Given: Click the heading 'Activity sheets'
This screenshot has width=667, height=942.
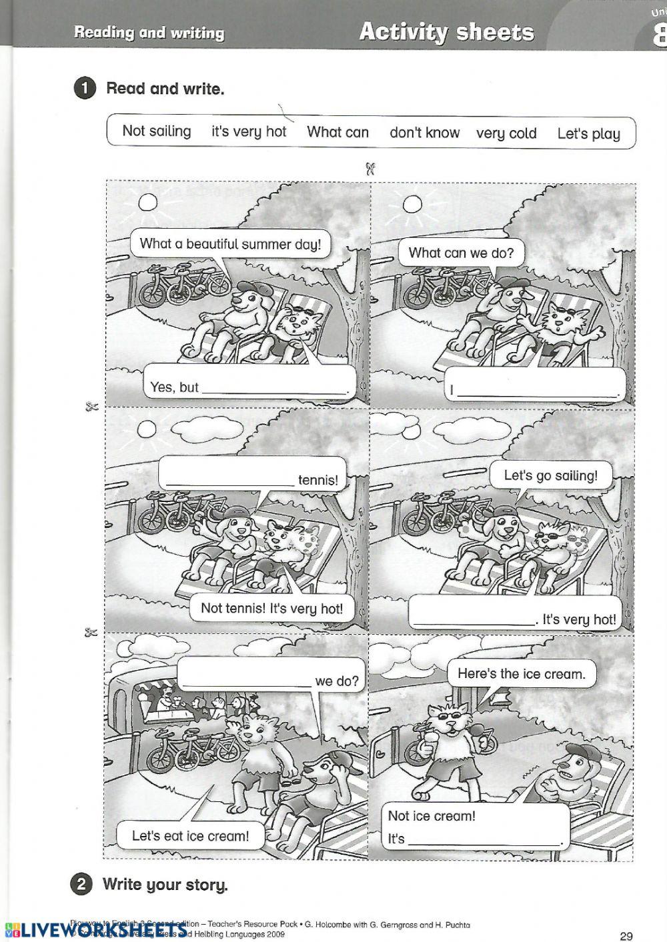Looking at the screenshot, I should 446,32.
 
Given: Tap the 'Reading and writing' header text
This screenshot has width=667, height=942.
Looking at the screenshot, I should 149,33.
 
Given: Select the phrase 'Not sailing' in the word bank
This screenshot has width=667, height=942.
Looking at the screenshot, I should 156,131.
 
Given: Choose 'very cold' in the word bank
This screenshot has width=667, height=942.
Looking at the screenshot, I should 506,133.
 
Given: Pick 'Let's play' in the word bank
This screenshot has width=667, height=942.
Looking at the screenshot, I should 588,134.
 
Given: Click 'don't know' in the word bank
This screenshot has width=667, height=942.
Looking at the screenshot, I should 424,133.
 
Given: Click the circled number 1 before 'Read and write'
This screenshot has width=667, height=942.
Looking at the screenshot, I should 84,89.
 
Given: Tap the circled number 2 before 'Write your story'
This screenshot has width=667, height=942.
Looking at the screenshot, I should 81,885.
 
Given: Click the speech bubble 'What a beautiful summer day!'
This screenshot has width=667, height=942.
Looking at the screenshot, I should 230,244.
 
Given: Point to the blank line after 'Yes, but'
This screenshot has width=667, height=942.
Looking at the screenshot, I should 275,391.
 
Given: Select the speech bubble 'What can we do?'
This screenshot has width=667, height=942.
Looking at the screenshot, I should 461,253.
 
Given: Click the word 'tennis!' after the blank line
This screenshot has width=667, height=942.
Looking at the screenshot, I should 318,480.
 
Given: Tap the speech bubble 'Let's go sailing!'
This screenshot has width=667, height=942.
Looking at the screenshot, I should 550,476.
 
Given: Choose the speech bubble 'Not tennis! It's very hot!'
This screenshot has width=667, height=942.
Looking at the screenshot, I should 271,608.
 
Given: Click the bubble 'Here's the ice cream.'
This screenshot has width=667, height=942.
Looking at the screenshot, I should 521,674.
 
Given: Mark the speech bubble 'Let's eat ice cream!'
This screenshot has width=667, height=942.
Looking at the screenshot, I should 190,835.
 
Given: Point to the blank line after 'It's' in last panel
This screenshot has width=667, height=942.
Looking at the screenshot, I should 484,842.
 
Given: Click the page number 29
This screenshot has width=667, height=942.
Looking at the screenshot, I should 626,936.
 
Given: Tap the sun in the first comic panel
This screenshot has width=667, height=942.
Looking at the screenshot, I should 147,201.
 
